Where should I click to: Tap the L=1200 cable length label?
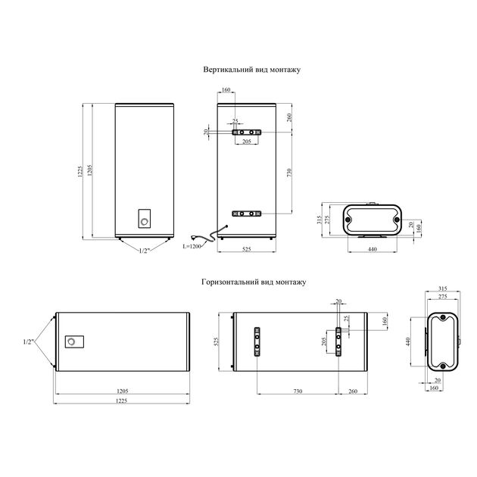click(192, 246)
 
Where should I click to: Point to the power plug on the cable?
click(194, 237)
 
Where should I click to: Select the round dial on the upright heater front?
click(145, 221)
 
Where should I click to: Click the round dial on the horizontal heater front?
click(71, 341)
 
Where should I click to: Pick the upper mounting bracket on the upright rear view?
click(247, 132)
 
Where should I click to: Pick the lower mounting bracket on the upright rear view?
click(247, 214)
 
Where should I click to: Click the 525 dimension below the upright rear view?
click(247, 249)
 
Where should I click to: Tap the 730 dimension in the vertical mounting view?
click(289, 173)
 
